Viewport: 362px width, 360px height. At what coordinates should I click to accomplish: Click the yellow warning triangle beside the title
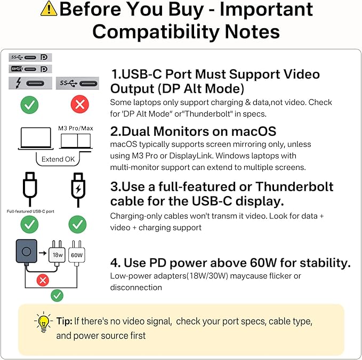[x=49, y=9]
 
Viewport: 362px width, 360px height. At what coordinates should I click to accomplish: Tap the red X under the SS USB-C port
[x=79, y=104]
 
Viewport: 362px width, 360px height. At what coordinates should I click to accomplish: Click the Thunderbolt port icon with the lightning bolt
[x=30, y=83]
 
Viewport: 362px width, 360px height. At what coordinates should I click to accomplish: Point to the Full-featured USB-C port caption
[x=30, y=211]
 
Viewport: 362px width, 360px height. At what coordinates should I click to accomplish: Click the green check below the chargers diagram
[x=57, y=295]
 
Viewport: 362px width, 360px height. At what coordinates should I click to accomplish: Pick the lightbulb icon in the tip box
[x=43, y=322]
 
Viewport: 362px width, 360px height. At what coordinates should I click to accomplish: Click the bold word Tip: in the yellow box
[x=64, y=322]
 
